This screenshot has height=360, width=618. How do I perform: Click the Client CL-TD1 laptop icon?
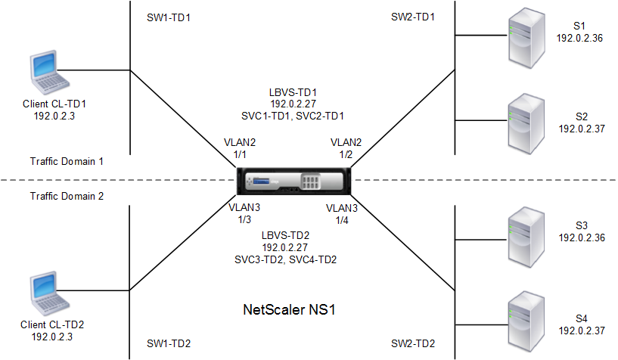point(50,72)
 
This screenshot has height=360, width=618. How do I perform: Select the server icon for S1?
point(526,38)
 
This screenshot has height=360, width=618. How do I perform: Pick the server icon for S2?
point(526,124)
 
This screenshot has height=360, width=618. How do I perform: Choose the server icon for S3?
point(526,237)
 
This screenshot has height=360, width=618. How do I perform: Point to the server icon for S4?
point(526,321)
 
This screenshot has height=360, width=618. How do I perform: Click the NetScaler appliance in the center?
point(293,182)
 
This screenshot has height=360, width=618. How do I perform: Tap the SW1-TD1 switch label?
point(169,17)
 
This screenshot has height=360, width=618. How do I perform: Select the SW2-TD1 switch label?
point(413,17)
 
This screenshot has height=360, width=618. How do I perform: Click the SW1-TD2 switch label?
point(169,343)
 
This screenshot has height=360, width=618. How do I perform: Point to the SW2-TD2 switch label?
point(413,343)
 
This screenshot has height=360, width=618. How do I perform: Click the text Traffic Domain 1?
point(67,162)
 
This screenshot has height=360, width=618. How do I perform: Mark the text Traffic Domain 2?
point(67,196)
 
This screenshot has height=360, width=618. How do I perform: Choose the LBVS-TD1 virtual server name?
point(293,92)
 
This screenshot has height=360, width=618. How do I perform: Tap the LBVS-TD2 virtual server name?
point(285,235)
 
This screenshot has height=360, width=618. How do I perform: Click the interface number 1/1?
point(240,154)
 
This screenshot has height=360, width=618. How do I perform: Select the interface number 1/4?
point(342,220)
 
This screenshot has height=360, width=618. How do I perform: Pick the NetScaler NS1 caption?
point(289,309)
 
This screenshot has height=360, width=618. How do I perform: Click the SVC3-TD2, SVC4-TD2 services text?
point(285,260)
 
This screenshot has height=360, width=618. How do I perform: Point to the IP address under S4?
point(582,331)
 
